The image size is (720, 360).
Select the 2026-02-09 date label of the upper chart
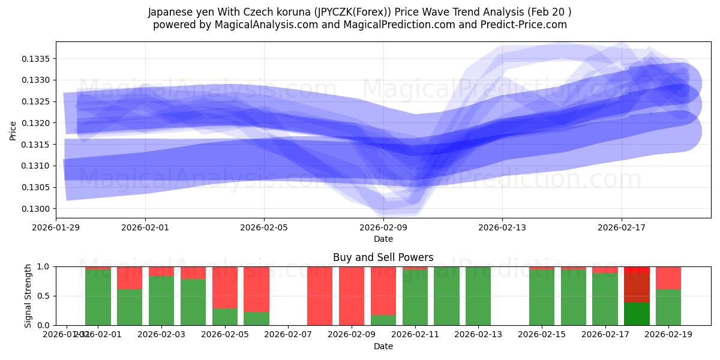click(x=383, y=228)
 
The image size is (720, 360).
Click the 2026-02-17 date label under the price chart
click(x=622, y=228)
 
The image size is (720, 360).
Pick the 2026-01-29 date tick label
click(x=56, y=228)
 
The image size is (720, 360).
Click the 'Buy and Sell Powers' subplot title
click(x=383, y=257)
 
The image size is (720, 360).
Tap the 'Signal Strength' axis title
click(x=28, y=296)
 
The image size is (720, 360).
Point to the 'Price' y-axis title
click(x=13, y=130)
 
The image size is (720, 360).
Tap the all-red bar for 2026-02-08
click(x=320, y=296)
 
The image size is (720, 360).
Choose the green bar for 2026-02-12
click(x=446, y=296)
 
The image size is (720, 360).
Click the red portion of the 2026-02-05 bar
click(x=225, y=287)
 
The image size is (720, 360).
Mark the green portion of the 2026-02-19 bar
click(x=668, y=307)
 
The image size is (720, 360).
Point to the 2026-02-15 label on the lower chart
click(x=542, y=334)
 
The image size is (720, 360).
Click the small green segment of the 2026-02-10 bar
click(x=383, y=320)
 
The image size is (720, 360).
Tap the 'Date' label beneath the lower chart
click(x=383, y=346)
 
